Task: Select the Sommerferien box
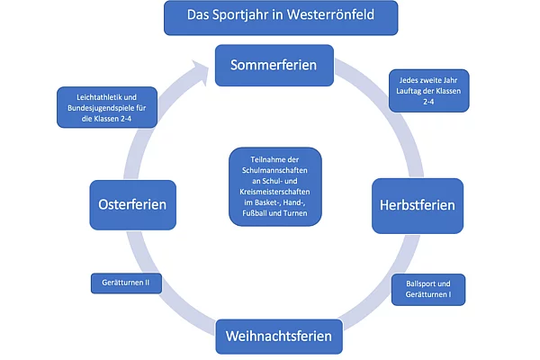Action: tap(274, 66)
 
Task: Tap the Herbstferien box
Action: tap(417, 204)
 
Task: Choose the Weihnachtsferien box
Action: tap(279, 337)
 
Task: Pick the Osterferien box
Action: tap(132, 204)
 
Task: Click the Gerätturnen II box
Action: tap(126, 283)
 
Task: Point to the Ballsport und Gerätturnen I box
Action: tap(428, 290)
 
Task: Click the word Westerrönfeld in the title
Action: tap(328, 15)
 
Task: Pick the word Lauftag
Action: tap(413, 93)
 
